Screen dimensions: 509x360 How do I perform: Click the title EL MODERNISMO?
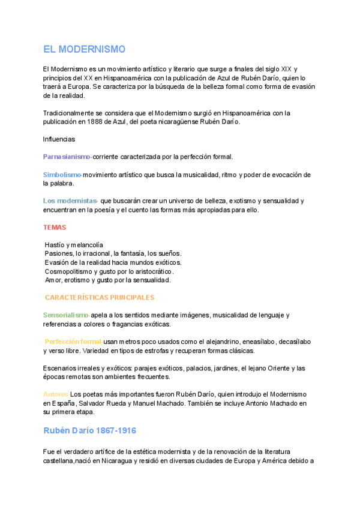tap(84, 50)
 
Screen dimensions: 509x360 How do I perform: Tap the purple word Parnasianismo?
tap(67, 157)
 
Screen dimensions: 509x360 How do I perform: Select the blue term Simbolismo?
tap(62, 175)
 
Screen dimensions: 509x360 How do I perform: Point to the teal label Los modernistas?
tap(70, 200)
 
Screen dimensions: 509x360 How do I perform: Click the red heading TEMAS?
tap(55, 227)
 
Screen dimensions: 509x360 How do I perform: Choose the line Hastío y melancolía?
tap(74, 245)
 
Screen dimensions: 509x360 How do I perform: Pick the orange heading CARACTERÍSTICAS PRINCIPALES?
tap(100, 297)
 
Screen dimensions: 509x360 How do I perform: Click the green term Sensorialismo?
tap(66, 315)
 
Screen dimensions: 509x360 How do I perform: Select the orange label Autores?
tap(56, 394)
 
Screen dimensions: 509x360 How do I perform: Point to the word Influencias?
tap(59, 139)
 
